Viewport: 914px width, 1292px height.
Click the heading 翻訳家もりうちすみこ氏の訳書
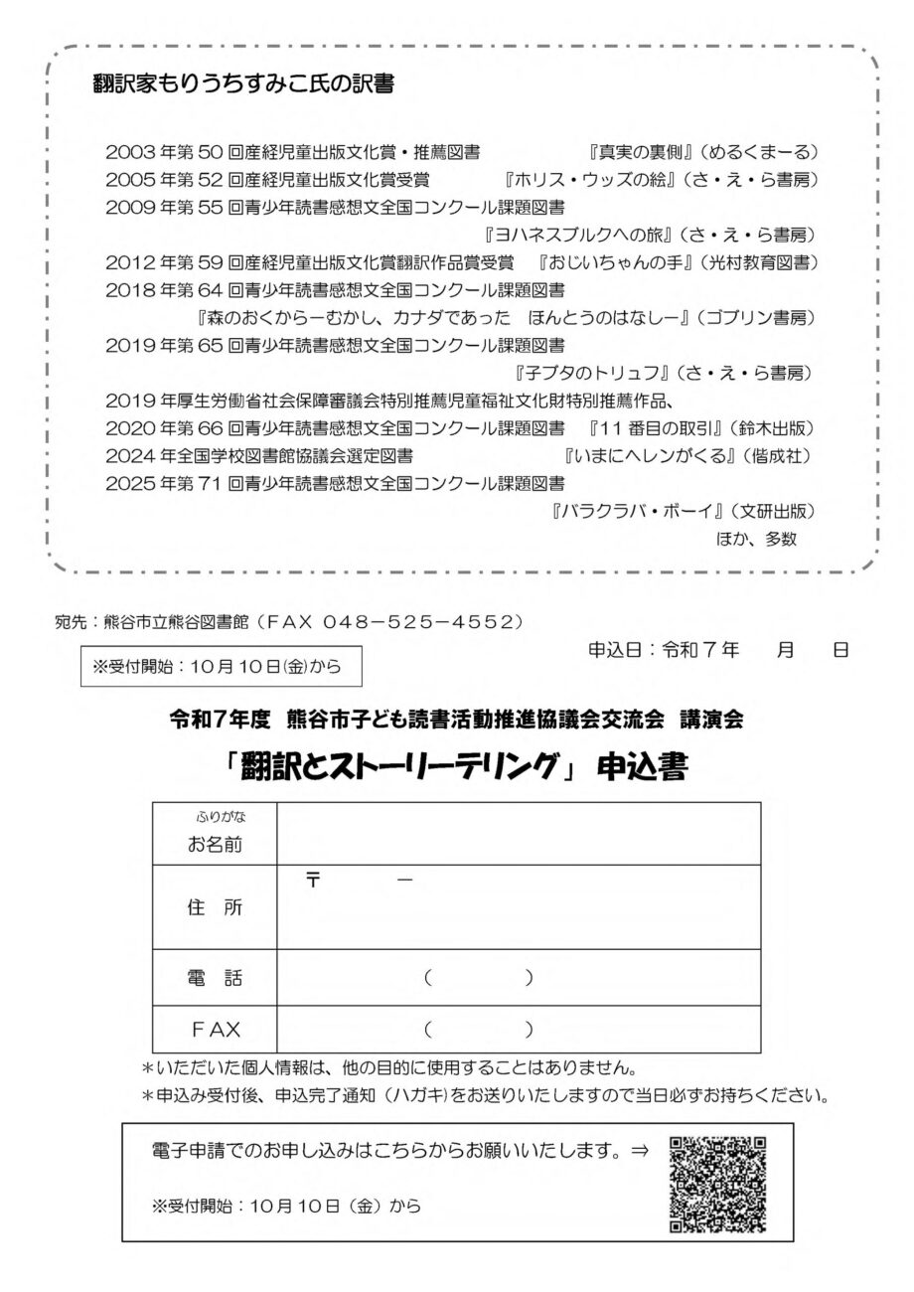pyautogui.click(x=242, y=85)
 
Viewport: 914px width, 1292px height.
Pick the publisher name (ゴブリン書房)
pyautogui.click(x=757, y=318)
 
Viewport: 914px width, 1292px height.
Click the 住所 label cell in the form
pyautogui.click(x=215, y=907)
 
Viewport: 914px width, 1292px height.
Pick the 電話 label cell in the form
pyautogui.click(x=215, y=978)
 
